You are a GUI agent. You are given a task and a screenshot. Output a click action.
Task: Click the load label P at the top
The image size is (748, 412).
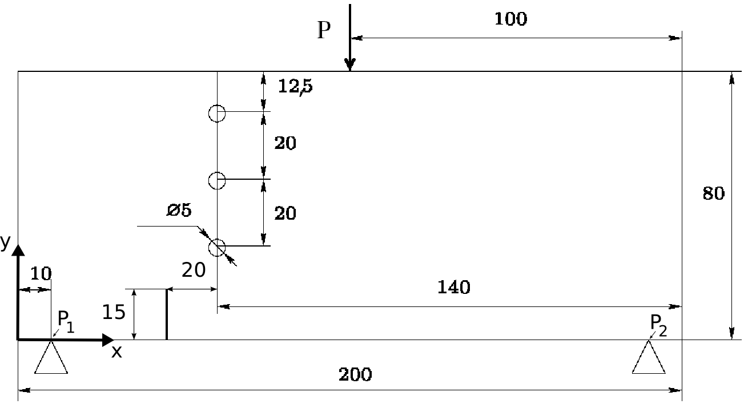[324, 30]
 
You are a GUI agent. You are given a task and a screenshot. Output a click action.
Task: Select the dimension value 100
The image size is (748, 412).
[510, 19]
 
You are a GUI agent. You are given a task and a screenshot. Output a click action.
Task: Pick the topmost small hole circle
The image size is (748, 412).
[217, 114]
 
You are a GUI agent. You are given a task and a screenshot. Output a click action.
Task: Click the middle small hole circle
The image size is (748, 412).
[217, 181]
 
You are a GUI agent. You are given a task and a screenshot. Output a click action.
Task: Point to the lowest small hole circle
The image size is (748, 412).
[217, 248]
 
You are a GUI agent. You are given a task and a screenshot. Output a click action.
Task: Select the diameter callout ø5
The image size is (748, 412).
[179, 210]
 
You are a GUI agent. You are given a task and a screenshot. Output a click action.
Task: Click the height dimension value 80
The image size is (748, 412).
[713, 194]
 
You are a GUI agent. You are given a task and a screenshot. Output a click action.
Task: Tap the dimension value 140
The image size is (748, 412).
[454, 287]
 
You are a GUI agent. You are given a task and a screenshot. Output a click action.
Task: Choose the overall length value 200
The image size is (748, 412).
[355, 375]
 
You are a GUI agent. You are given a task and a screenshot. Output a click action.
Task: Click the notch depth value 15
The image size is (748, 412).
[114, 313]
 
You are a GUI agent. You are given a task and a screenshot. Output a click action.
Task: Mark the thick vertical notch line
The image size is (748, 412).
[166, 314]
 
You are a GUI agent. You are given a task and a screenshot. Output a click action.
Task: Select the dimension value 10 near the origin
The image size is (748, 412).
[41, 274]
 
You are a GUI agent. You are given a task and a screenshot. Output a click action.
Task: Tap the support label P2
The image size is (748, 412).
[658, 325]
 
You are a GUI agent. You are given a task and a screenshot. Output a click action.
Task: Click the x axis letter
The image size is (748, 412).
[116, 352]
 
